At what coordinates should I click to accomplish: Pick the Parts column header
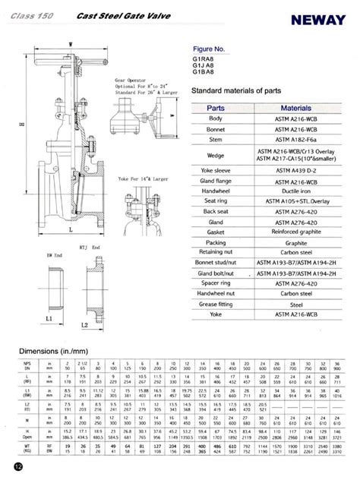coord(219,109)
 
